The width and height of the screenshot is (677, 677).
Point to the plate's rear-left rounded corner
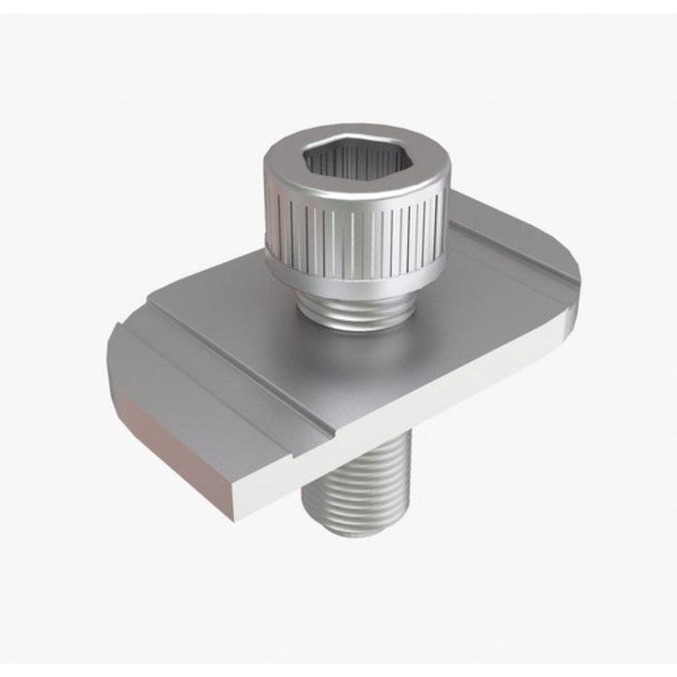(121, 334)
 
